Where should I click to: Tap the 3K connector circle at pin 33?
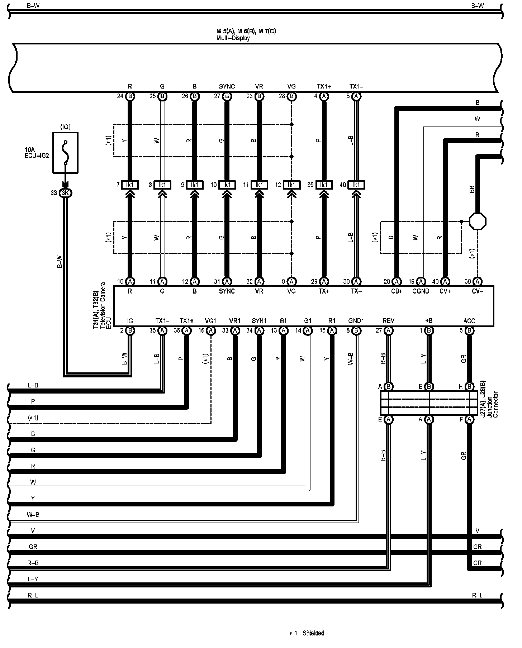[x=66, y=193]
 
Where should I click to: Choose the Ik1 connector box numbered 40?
[x=356, y=185]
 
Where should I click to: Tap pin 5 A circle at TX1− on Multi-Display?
[x=356, y=96]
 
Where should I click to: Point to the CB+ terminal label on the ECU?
[x=397, y=291]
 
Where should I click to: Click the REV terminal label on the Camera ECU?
[x=389, y=321]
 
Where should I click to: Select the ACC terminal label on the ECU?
[x=469, y=321]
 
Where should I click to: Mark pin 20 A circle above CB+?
[x=397, y=282]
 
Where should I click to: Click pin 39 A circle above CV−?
[x=477, y=282]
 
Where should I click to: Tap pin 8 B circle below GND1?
[x=356, y=330]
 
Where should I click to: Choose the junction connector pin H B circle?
[x=469, y=387]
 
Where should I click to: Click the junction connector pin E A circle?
[x=389, y=419]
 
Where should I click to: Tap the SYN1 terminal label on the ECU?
[x=259, y=321]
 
